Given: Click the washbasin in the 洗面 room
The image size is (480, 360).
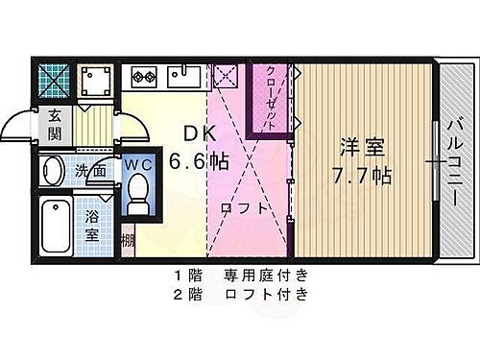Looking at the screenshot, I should [55, 172].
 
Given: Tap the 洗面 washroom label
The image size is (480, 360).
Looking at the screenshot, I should [90, 169].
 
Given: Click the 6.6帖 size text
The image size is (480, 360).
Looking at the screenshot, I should [200, 161].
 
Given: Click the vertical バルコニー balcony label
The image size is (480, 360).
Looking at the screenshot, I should [452, 157].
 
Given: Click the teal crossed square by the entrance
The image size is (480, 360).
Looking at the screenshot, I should [54, 78].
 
